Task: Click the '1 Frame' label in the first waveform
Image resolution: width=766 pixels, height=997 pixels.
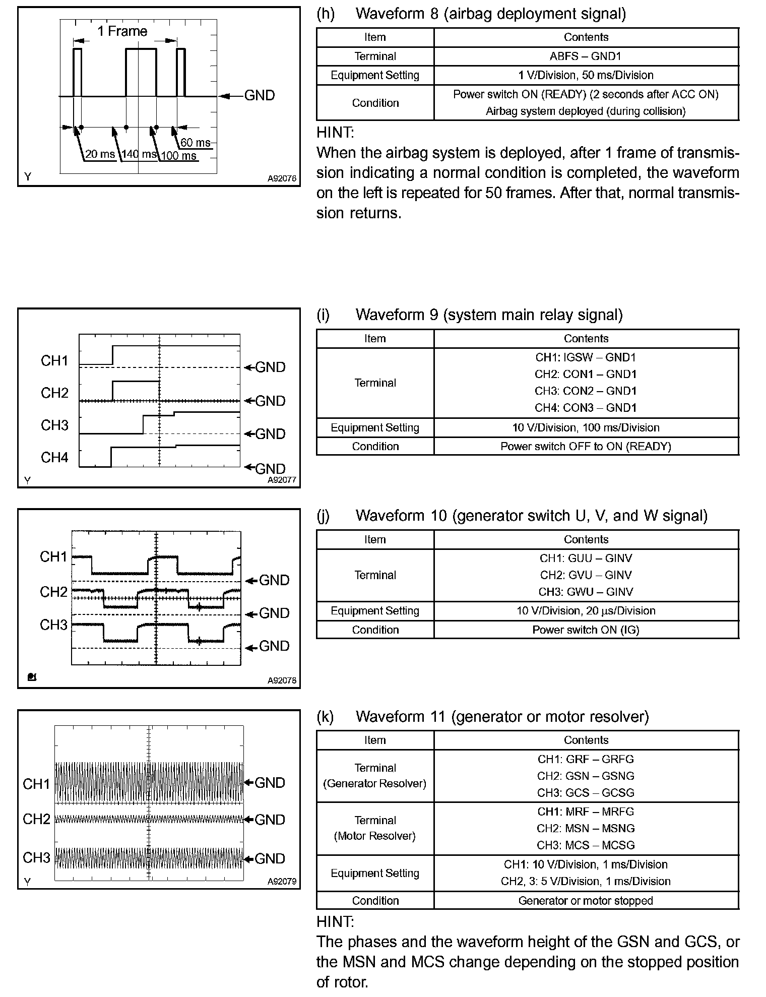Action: coord(122,31)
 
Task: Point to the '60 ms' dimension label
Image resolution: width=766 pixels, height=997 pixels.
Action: coord(196,143)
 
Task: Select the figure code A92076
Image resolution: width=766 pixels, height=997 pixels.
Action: coord(282,178)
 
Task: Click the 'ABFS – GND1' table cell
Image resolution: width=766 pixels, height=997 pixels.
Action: coord(586,56)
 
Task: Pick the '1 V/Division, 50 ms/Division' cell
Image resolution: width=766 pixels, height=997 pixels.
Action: coord(586,75)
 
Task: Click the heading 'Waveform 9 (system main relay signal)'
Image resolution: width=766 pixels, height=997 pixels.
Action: coord(489,315)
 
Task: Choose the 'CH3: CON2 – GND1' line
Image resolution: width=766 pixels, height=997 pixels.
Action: coord(586,391)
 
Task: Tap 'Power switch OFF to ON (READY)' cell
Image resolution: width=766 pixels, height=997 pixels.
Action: coord(586,447)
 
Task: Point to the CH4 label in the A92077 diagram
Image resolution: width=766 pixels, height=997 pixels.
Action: coord(54,457)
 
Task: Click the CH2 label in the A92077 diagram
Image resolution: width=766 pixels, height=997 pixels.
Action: coord(54,393)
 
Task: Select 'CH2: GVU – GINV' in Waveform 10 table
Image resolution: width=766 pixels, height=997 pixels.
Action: coord(586,575)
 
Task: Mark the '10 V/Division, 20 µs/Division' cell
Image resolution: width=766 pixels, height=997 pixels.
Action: coord(586,611)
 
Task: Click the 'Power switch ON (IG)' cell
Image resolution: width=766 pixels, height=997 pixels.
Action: coord(586,630)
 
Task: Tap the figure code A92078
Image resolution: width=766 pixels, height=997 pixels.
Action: coord(282,681)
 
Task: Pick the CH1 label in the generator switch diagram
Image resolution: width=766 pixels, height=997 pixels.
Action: coord(53,556)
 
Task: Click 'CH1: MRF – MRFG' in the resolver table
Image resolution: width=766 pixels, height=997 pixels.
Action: coord(586,812)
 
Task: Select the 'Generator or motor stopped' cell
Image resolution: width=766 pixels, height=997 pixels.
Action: coord(586,901)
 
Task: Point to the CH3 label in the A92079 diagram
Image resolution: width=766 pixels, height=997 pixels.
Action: coord(36,857)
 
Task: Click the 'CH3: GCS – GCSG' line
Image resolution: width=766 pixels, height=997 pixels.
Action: coord(586,792)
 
